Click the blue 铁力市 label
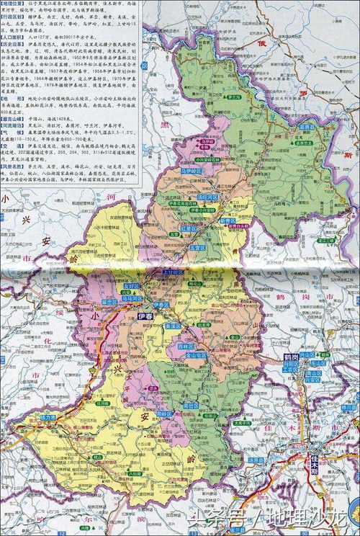coord(49,416)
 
